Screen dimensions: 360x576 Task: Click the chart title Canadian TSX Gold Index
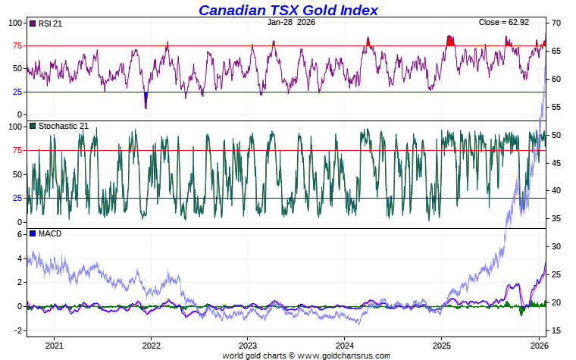[x=288, y=10]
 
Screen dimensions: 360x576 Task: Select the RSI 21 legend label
[x=50, y=23]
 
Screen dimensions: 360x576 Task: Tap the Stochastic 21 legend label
[x=63, y=126]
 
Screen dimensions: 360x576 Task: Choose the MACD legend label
[x=49, y=233]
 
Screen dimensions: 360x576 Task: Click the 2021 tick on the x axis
[x=54, y=346]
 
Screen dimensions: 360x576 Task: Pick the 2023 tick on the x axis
[x=247, y=346]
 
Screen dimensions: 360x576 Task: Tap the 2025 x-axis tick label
[x=441, y=346]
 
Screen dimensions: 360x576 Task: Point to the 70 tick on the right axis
[x=555, y=23]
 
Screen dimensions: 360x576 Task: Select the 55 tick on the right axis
[x=555, y=107]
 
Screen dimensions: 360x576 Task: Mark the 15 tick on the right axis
[x=555, y=330]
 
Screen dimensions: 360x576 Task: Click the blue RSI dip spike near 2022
[x=146, y=102]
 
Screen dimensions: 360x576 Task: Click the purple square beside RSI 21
[x=33, y=23]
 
